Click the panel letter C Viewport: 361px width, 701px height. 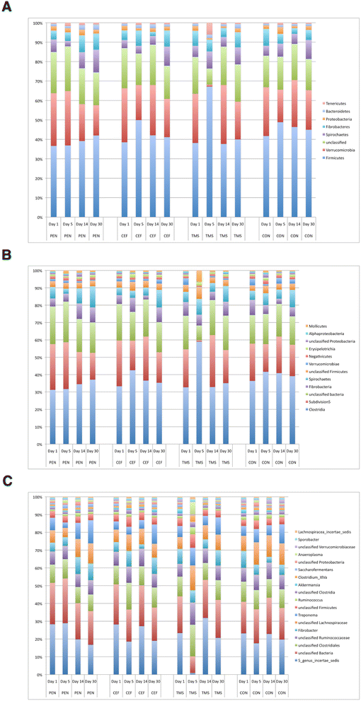coord(6,481)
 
